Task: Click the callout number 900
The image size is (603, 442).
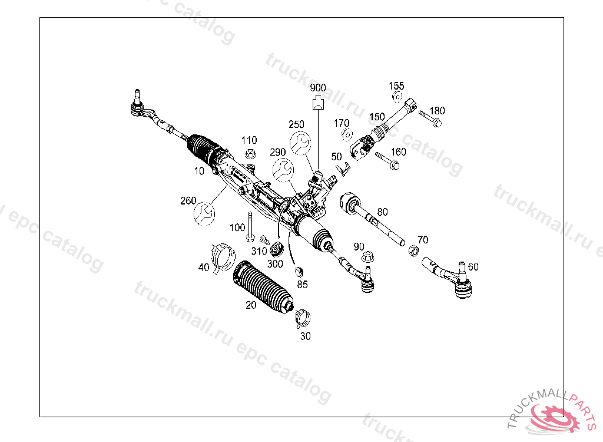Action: click(318, 88)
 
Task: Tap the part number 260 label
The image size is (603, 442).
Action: click(188, 201)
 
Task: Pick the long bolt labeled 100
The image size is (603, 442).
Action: click(250, 227)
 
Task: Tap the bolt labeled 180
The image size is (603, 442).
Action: click(430, 117)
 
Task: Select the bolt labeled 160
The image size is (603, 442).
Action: click(387, 161)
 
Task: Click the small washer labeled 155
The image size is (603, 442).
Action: click(396, 97)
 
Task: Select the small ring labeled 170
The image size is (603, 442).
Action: click(346, 134)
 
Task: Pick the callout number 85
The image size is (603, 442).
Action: click(302, 285)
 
